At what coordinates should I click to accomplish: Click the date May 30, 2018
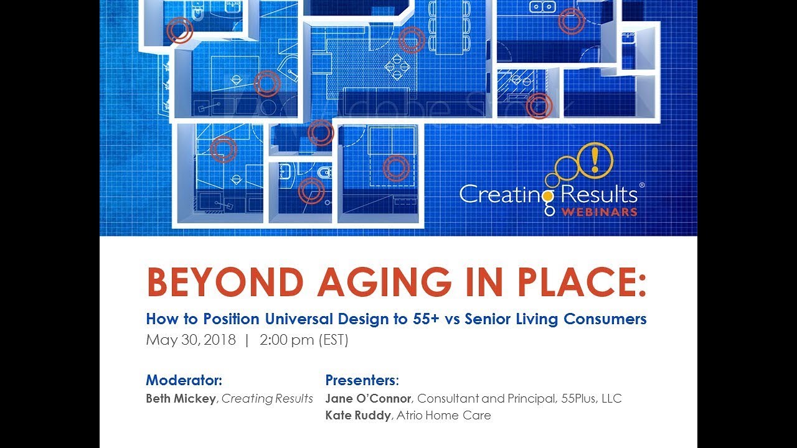[191, 340]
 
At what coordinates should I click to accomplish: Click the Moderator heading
[184, 380]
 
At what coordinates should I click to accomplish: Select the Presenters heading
[361, 380]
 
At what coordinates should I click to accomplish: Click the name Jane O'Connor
[368, 398]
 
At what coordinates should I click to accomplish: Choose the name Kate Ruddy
[358, 415]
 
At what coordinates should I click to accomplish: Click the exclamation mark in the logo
[595, 159]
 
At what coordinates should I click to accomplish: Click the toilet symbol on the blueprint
[324, 172]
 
